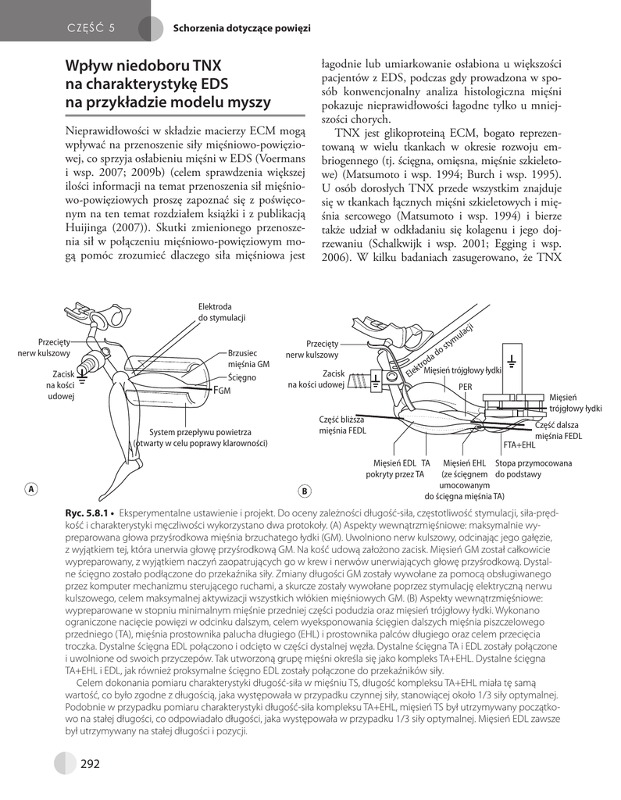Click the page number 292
pyautogui.click(x=91, y=763)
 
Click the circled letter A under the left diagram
pyautogui.click(x=30, y=489)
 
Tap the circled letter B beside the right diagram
pyautogui.click(x=305, y=491)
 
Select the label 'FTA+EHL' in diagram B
pyautogui.click(x=519, y=445)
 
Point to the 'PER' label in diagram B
pyautogui.click(x=466, y=386)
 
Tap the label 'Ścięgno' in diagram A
pyautogui.click(x=241, y=377)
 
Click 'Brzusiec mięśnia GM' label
pyautogui.click(x=248, y=359)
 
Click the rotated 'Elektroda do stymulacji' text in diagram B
pyautogui.click(x=440, y=352)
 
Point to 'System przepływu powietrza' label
pyautogui.click(x=200, y=432)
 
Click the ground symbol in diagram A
pyautogui.click(x=80, y=382)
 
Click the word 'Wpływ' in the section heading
pyautogui.click(x=89, y=67)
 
